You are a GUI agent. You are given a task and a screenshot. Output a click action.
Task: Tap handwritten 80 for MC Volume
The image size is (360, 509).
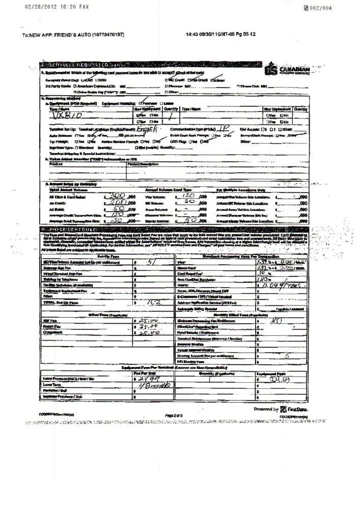[187, 201]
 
